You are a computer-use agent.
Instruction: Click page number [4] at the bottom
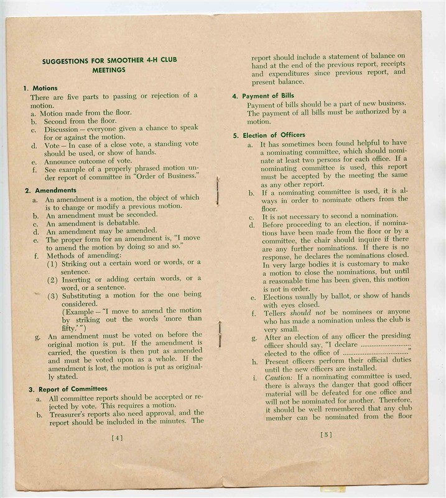[117, 437]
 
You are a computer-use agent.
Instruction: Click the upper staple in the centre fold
[217, 190]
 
